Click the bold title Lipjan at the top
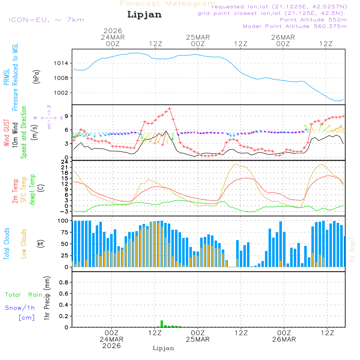[x=144, y=14]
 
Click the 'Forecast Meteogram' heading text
[x=168, y=4]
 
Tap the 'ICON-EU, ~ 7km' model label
[x=46, y=20]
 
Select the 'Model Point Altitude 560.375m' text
[x=295, y=26]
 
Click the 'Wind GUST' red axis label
[x=6, y=133]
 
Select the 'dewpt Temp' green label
[x=33, y=190]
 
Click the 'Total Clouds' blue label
[x=6, y=244]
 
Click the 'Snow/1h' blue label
[x=20, y=308]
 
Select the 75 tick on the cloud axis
[x=63, y=232]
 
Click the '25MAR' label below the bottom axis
[x=198, y=339]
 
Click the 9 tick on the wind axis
[x=67, y=116]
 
